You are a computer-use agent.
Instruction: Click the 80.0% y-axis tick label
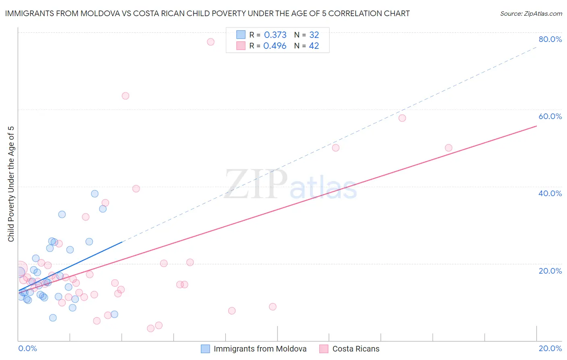tap(550, 39)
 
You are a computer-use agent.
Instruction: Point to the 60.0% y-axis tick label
tap(550, 116)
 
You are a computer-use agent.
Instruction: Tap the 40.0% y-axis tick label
tap(550, 193)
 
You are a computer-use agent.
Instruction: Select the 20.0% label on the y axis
tap(550, 271)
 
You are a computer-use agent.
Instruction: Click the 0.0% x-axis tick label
tap(27, 348)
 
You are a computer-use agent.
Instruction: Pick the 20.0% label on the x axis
tap(550, 348)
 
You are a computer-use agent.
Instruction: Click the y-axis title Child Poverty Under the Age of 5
tap(11, 184)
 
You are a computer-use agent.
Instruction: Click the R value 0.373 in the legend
tap(275, 35)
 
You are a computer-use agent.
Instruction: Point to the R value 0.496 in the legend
tap(275, 46)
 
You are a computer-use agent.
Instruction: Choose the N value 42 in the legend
tap(314, 46)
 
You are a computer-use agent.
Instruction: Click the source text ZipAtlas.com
tap(531, 14)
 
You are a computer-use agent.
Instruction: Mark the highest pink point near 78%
tap(211, 42)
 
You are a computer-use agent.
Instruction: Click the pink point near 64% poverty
tap(125, 96)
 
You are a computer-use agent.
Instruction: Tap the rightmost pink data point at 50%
tap(448, 148)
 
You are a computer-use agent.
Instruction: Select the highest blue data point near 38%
tap(95, 194)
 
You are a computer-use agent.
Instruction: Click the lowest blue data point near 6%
tap(53, 318)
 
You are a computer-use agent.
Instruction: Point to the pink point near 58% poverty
tap(402, 118)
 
